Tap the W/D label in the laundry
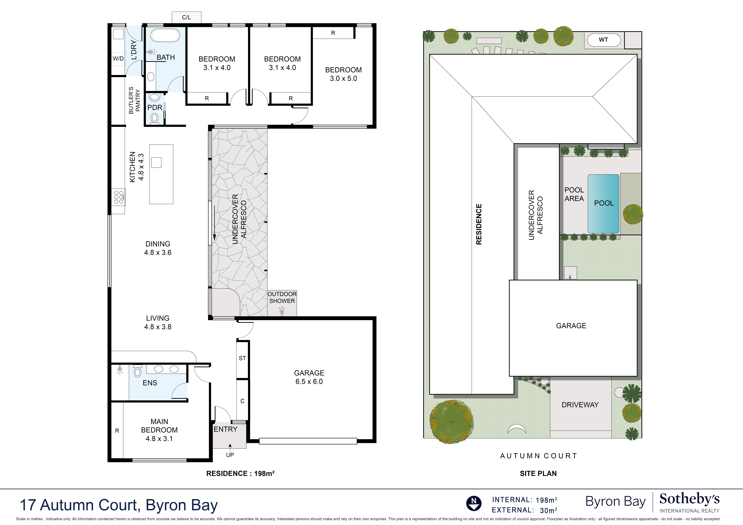[118, 59]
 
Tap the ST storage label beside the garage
[242, 358]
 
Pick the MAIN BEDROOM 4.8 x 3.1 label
[159, 430]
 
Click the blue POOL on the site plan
[604, 204]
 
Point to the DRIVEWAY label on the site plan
[580, 405]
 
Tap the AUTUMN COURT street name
[539, 456]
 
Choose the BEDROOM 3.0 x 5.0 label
[343, 74]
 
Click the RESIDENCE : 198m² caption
[241, 474]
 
